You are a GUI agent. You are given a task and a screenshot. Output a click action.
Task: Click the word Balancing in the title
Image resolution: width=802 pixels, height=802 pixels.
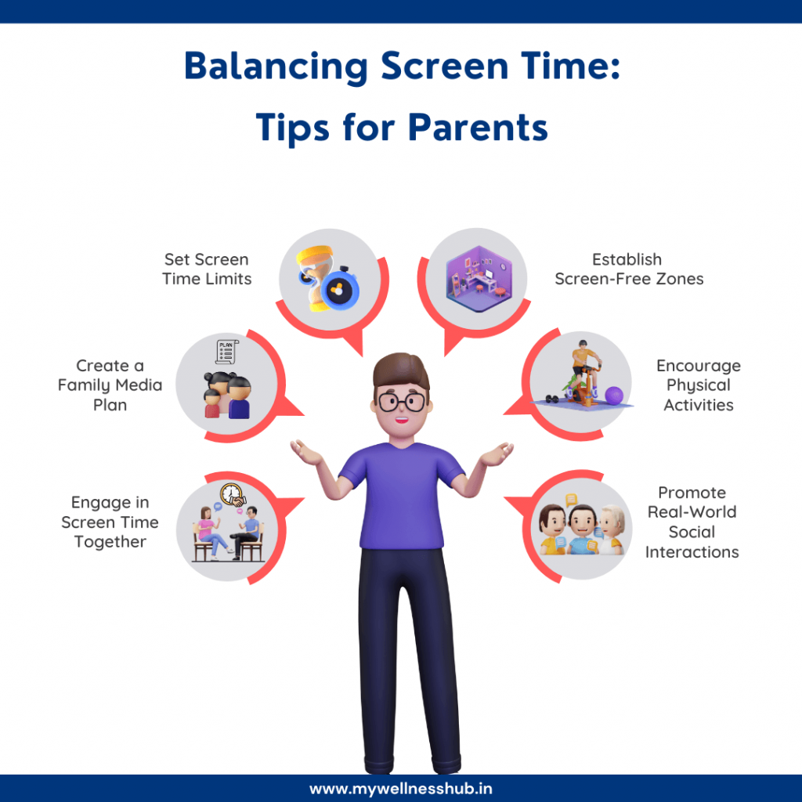(x=276, y=67)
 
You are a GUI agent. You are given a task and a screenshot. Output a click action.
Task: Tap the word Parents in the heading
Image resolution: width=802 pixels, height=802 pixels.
(x=478, y=128)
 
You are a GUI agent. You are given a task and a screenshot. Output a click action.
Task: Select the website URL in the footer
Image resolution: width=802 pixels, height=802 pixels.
(x=401, y=788)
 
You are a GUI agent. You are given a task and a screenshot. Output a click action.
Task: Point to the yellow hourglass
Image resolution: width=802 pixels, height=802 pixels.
(x=315, y=278)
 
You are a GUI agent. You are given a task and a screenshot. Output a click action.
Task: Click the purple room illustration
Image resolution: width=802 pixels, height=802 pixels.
(x=479, y=279)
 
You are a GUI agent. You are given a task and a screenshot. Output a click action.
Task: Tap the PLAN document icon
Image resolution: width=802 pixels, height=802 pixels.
(x=226, y=352)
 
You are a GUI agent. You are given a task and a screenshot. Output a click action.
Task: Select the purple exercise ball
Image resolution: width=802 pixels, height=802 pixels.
(x=614, y=396)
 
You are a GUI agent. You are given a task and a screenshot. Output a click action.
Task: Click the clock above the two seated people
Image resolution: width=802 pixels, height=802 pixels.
(x=231, y=494)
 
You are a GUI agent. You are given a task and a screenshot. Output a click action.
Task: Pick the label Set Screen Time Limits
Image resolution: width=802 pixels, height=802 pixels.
(x=207, y=269)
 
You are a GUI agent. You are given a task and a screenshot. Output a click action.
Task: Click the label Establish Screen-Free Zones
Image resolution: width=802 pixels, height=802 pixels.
(x=629, y=269)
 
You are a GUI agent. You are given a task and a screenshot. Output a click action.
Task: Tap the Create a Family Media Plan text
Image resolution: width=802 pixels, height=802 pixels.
(x=110, y=385)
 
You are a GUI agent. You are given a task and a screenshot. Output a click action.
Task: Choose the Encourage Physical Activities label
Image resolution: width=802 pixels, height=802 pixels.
(x=698, y=385)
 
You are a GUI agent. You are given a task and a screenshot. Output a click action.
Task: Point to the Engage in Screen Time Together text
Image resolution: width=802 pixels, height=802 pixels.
(x=110, y=522)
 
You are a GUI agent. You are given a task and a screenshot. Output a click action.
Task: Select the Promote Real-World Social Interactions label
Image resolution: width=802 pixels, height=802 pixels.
(x=692, y=522)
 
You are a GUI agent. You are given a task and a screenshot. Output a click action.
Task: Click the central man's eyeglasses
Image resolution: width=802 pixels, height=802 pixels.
(x=402, y=402)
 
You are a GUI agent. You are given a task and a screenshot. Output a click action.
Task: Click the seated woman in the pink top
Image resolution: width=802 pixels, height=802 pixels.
(x=210, y=533)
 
